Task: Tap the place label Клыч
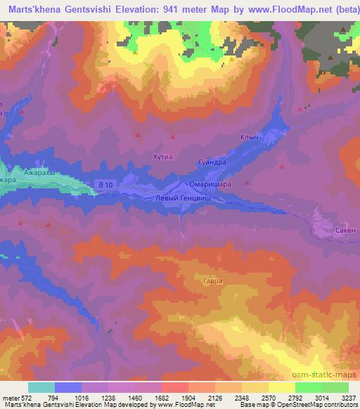coord(250,138)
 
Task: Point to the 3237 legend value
coord(348,397)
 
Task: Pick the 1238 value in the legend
coord(108,397)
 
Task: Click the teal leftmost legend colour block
coord(41,387)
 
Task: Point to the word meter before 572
coord(11,397)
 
